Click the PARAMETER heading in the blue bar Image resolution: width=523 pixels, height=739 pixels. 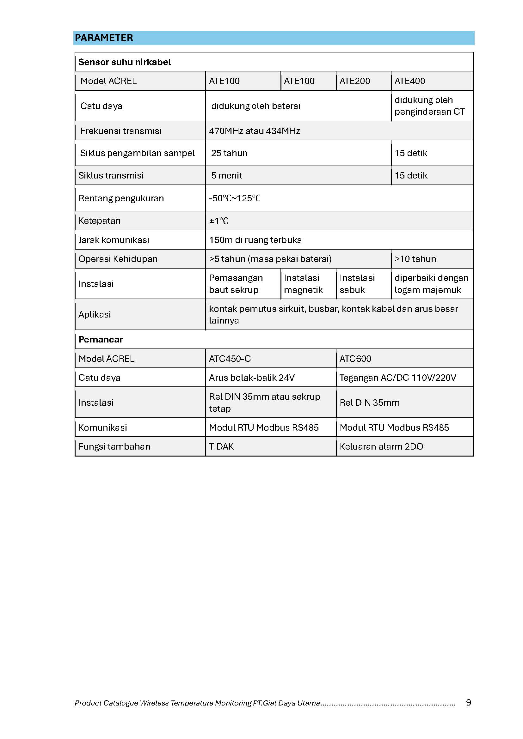tap(104, 38)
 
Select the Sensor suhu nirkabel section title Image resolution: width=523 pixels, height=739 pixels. tap(125, 62)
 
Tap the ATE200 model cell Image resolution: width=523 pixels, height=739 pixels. tap(354, 81)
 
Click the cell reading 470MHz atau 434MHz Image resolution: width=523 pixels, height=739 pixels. tap(255, 131)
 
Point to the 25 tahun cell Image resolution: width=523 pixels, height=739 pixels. tap(229, 153)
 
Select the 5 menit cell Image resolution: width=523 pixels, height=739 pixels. tap(226, 176)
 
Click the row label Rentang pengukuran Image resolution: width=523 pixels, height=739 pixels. tap(121, 198)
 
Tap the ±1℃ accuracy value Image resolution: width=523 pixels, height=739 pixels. tap(219, 221)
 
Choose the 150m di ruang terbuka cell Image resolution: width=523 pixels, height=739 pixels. tap(255, 240)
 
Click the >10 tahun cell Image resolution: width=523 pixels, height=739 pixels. tap(415, 259)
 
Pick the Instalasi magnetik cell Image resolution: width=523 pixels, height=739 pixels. tap(303, 284)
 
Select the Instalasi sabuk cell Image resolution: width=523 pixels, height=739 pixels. tap(357, 284)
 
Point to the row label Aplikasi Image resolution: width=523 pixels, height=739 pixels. tap(95, 315)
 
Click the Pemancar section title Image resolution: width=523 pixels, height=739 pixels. tap(101, 340)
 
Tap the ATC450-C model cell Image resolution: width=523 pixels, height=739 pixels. tap(230, 359)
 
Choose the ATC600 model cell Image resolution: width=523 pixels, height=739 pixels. tap(355, 359)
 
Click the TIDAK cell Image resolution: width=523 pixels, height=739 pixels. tap(221, 447)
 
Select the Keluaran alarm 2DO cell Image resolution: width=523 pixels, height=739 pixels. tap(381, 447)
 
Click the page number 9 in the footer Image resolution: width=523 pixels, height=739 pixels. tap(468, 702)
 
